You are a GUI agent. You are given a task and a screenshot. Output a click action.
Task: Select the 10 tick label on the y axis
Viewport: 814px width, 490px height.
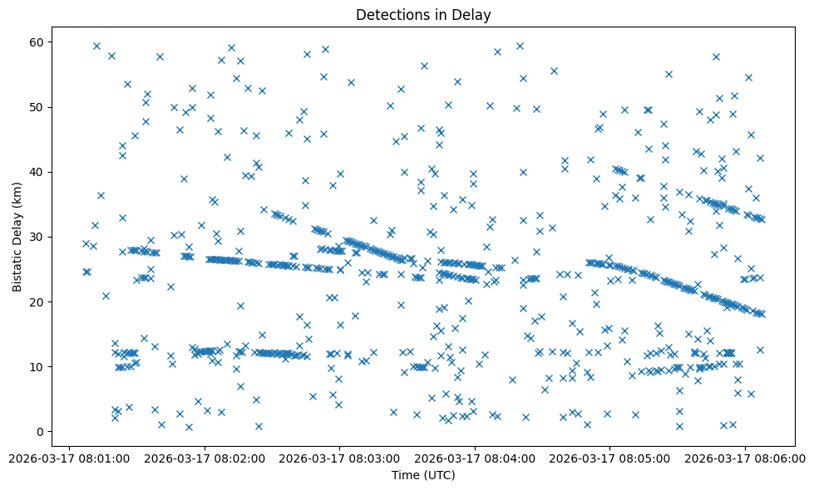click(x=37, y=367)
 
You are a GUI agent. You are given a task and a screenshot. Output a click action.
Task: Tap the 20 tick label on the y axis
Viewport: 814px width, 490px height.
click(x=37, y=302)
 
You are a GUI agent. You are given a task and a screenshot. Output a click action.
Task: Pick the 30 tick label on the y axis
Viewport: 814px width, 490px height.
click(x=37, y=238)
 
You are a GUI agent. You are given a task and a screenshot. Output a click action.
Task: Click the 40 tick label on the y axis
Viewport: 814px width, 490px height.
click(x=37, y=173)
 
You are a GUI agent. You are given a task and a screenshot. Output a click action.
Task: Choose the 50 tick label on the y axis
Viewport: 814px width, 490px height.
click(x=37, y=108)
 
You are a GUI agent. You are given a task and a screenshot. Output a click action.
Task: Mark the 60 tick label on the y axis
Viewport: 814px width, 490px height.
click(x=37, y=42)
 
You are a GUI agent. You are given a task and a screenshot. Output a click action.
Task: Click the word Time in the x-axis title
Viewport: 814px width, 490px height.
click(x=405, y=476)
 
